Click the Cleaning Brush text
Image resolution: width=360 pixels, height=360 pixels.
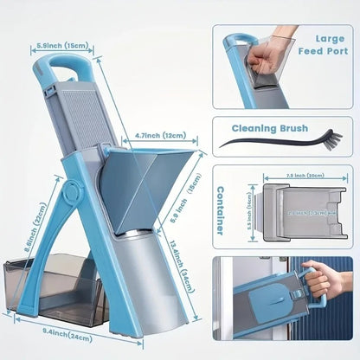click(x=281, y=126)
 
